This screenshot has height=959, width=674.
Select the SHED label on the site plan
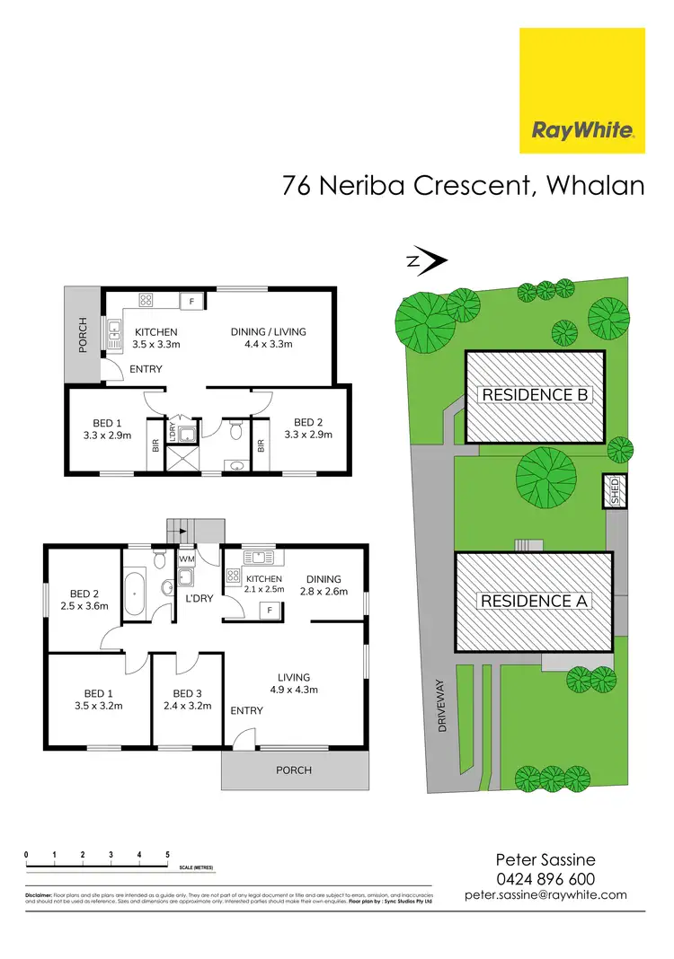pos(616,491)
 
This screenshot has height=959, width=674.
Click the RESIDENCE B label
pos(535,394)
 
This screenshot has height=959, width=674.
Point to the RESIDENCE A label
pos(535,601)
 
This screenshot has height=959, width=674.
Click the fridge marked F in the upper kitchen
pos(191,302)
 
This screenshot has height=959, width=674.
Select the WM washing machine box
pos(186,559)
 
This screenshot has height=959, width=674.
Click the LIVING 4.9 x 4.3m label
pos(293,683)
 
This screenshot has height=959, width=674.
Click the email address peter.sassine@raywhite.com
pos(545,895)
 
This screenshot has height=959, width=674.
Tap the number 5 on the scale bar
pos(167,854)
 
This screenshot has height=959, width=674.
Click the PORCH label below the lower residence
pos(294,770)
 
